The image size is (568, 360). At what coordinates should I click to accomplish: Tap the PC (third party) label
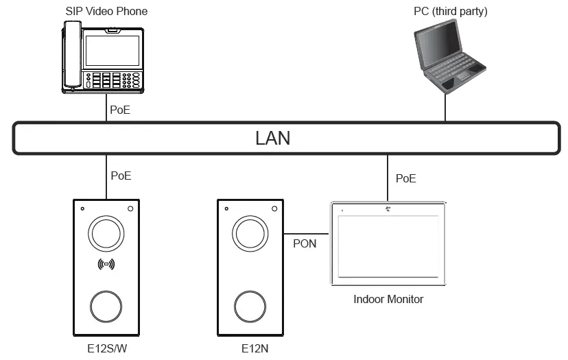tap(451, 11)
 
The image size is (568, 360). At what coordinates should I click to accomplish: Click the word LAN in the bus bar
tap(272, 138)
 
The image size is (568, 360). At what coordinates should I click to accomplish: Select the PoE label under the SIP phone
tap(121, 108)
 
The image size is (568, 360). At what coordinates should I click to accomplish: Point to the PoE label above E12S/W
tap(121, 176)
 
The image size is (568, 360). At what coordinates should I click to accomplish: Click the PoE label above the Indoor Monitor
tap(405, 178)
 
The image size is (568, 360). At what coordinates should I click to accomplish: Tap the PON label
tap(305, 243)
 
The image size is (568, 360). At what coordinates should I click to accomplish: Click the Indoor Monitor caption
tap(388, 299)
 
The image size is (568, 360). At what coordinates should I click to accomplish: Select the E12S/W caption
tap(106, 348)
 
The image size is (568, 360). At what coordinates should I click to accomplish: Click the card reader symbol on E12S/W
tap(106, 264)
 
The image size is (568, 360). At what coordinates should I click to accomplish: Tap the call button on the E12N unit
tap(250, 304)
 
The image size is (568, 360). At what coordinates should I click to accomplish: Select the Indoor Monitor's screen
tap(388, 245)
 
